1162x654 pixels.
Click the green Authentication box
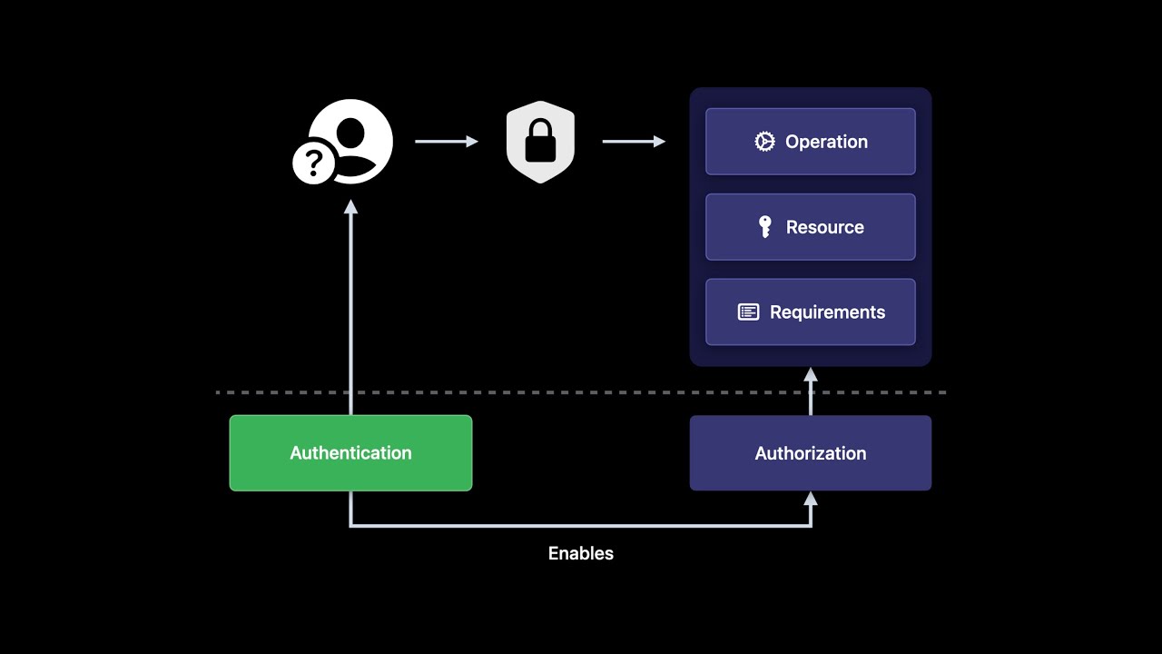(350, 453)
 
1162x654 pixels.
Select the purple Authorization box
(810, 453)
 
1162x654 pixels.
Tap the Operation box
(810, 142)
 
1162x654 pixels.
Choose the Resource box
(810, 227)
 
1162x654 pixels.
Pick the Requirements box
(810, 312)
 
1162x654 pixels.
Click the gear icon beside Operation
(764, 142)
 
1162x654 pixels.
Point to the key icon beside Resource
(765, 227)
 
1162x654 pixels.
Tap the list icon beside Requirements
(748, 312)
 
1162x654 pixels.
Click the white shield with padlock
(540, 142)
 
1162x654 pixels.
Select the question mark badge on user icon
(313, 163)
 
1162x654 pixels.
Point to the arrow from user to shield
(446, 142)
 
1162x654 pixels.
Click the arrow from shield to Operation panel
(634, 142)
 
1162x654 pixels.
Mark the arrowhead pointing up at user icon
(350, 207)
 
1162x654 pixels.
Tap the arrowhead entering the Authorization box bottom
(811, 498)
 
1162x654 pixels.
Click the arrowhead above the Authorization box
(811, 374)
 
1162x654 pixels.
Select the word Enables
(581, 553)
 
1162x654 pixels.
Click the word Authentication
(350, 453)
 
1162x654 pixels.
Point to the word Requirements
(827, 312)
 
